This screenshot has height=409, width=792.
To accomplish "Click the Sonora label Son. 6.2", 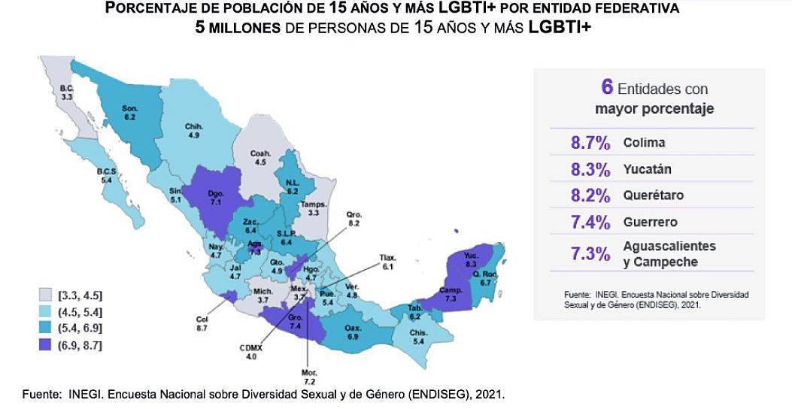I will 129,113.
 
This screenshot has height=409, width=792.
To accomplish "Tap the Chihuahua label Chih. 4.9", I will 194,131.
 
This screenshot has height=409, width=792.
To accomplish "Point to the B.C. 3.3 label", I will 67,92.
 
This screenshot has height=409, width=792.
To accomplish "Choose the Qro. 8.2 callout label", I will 354,218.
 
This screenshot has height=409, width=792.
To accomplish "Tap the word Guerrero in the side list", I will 650,222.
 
